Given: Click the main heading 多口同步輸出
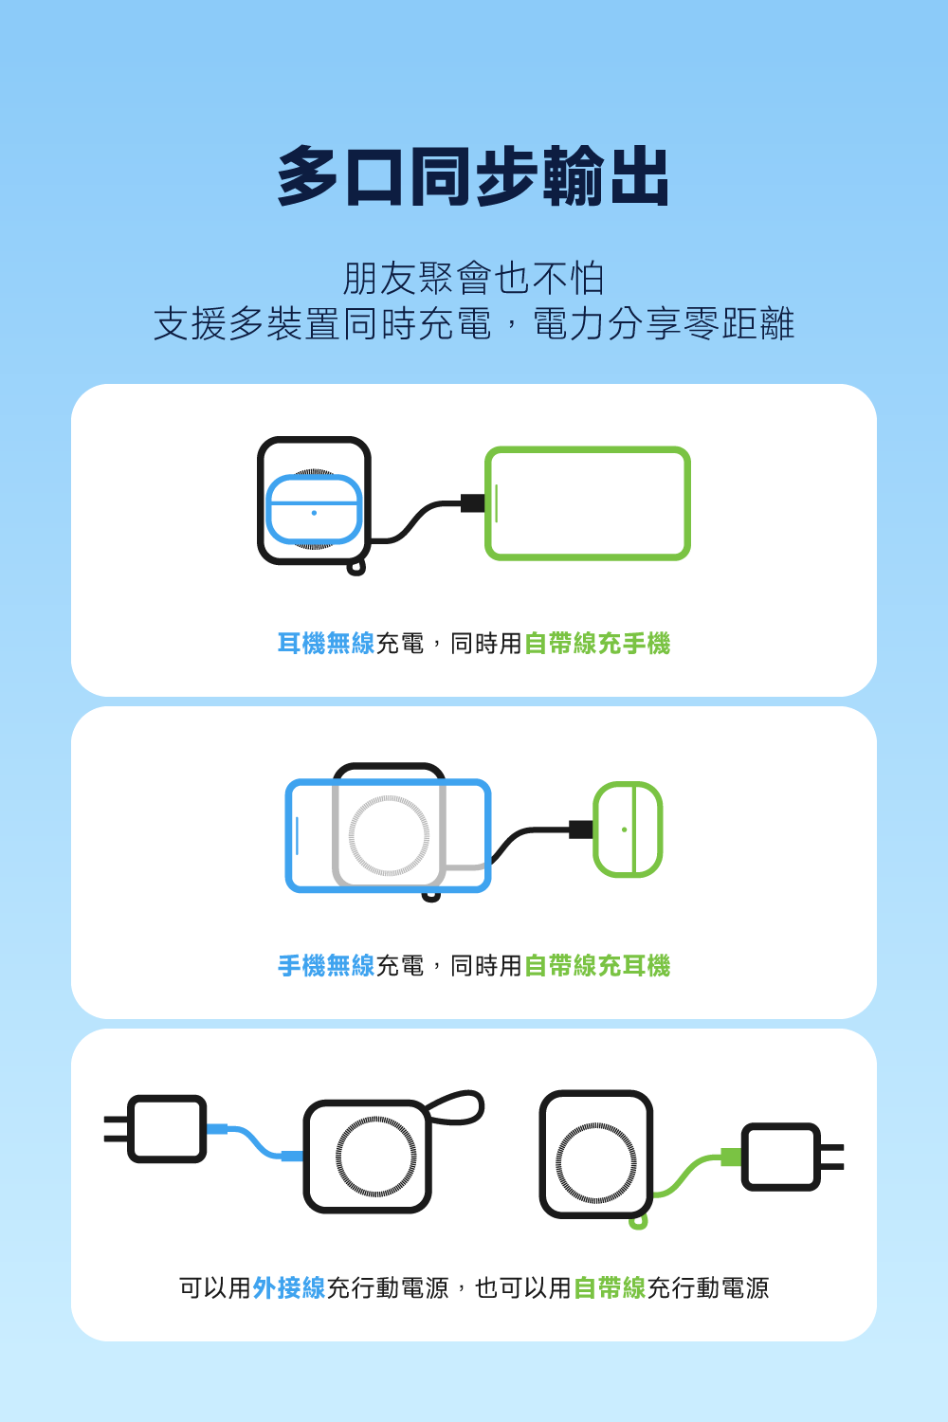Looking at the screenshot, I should (473, 177).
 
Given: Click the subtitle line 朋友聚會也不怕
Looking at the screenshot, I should (473, 279).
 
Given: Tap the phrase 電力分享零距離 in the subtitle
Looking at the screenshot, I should (663, 324).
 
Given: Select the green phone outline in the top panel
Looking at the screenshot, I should (588, 503).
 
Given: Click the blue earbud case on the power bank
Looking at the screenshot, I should (314, 510).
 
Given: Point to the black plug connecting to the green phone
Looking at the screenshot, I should (473, 502).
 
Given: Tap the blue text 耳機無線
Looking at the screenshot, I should (325, 644).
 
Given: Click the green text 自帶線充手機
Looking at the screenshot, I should (597, 644).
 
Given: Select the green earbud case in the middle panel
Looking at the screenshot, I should (628, 829).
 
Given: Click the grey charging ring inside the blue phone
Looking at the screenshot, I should (389, 835).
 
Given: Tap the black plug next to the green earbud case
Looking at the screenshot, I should (580, 829).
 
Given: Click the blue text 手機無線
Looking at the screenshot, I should (325, 966).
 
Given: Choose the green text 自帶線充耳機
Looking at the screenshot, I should (597, 966).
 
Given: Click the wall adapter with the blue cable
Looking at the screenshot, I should (166, 1128).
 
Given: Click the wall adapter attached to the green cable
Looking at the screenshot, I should (782, 1157).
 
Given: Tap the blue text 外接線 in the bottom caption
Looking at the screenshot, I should (288, 1288).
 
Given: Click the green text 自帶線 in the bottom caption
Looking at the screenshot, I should (609, 1288).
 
